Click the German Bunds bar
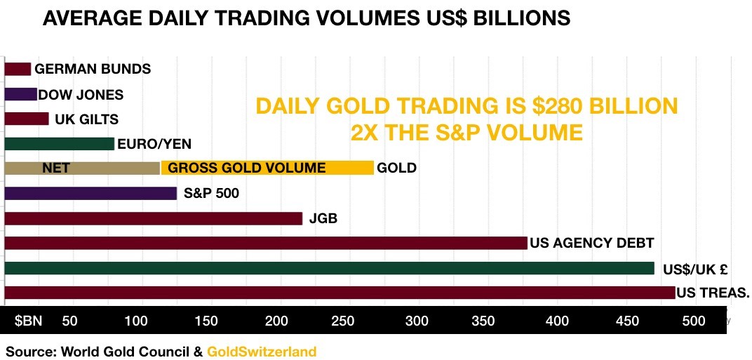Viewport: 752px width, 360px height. tap(18, 69)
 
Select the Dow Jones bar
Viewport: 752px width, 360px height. tap(20, 94)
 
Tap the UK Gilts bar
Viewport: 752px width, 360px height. tap(27, 119)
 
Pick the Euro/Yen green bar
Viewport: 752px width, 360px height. tap(59, 144)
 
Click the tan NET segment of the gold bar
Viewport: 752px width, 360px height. tap(82, 168)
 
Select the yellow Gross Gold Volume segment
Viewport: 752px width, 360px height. tap(267, 168)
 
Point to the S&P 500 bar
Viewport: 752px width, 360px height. tap(90, 193)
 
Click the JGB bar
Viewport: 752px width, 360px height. tap(153, 218)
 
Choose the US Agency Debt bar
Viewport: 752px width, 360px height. tap(265, 243)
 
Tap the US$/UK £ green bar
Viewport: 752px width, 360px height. tap(329, 268)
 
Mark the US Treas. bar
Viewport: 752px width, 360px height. tap(340, 293)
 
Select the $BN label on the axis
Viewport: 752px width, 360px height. tap(29, 321)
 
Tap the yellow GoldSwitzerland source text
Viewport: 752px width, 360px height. tap(262, 351)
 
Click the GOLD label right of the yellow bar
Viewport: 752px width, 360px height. tap(396, 168)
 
